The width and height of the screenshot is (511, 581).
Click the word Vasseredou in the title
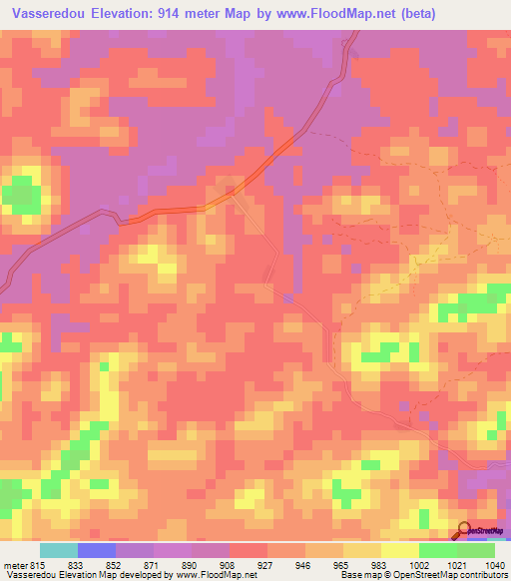[x=48, y=14]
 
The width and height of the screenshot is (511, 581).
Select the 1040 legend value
[x=494, y=563]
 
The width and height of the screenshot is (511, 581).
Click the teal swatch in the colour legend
[x=58, y=550]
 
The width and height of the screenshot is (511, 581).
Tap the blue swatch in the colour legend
[x=96, y=550]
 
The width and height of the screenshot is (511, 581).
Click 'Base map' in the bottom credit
[x=355, y=575]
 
